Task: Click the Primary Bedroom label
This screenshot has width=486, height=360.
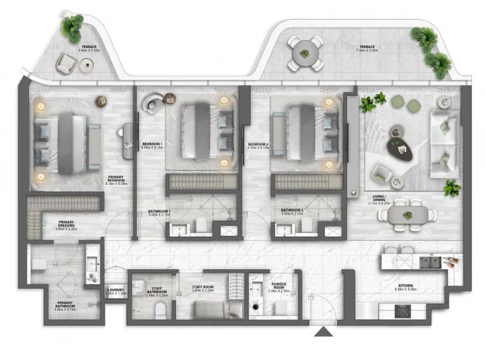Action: click(117, 179)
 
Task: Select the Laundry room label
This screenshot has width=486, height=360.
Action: click(116, 290)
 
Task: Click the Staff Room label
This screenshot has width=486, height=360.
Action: click(203, 287)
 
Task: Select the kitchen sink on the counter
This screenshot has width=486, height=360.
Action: click(428, 262)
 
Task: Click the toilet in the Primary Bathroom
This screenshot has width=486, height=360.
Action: click(40, 263)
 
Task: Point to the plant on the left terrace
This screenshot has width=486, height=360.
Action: click(71, 28)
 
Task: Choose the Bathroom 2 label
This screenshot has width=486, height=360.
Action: click(292, 210)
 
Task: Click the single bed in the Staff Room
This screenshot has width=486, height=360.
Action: click(210, 311)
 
